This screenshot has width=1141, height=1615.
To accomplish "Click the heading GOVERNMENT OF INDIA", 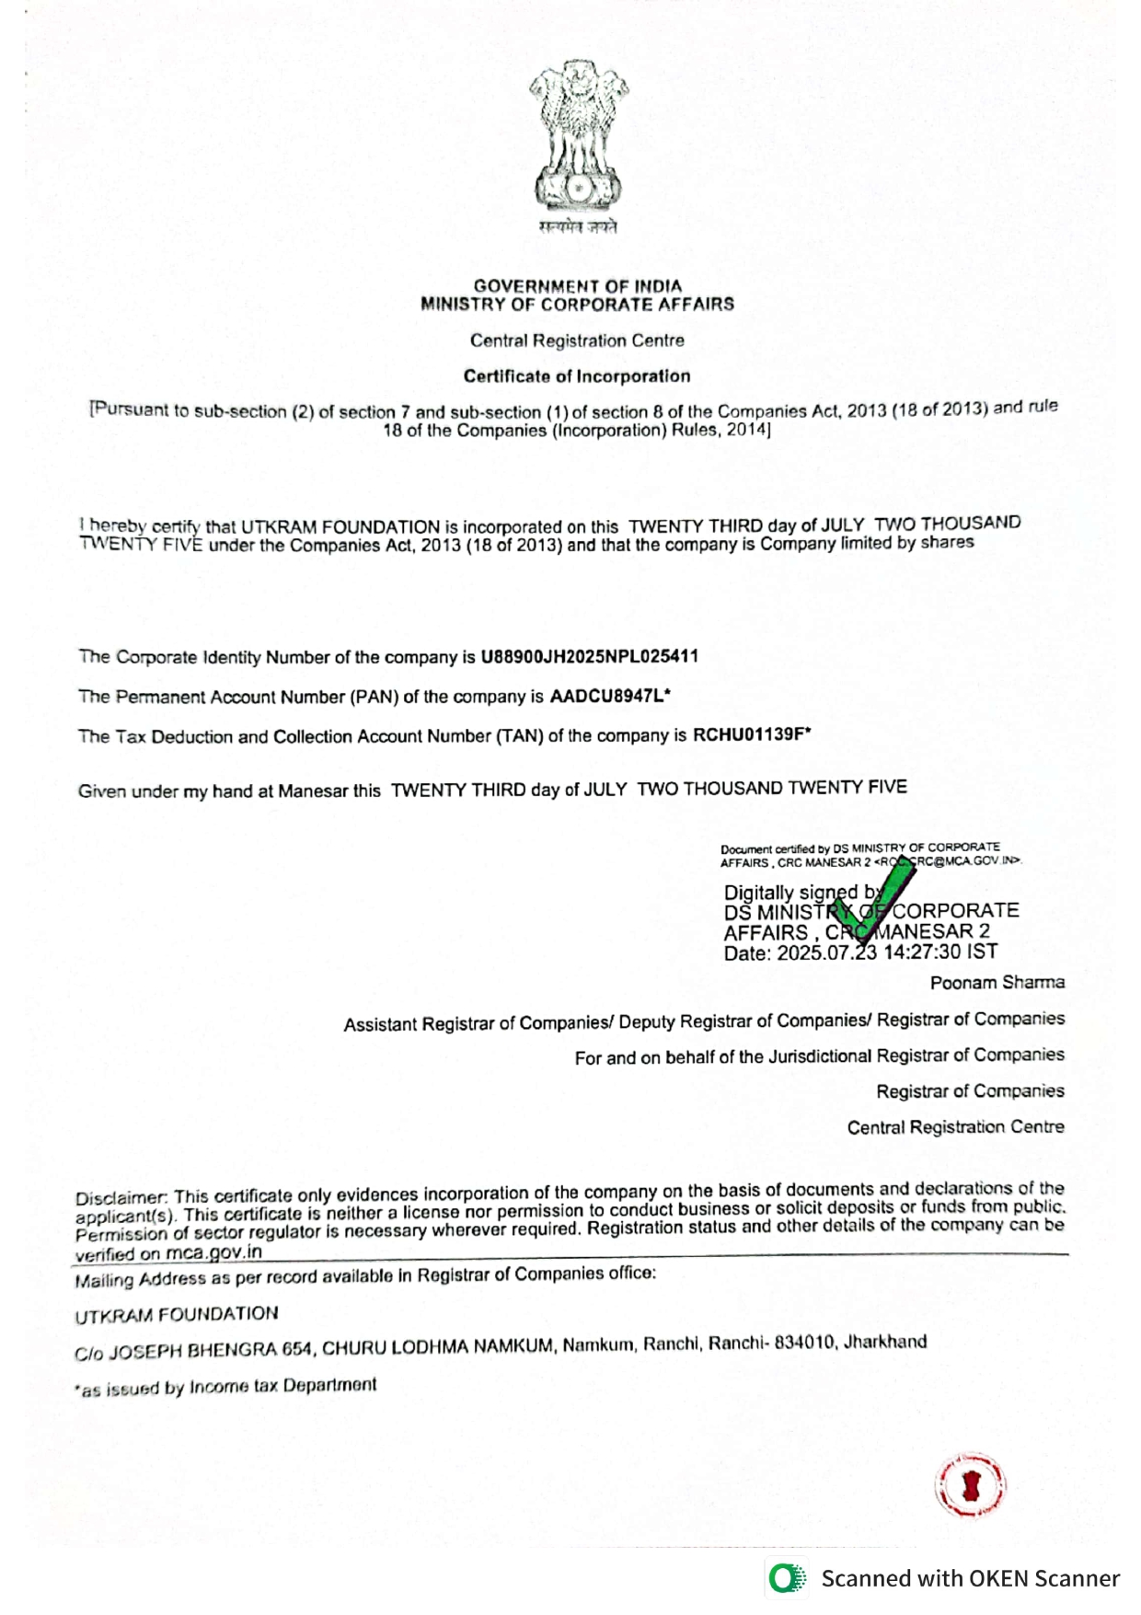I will (x=578, y=286).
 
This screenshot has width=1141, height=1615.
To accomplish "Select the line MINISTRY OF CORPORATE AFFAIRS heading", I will (x=578, y=305).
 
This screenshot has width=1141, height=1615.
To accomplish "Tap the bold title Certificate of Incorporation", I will (x=577, y=376).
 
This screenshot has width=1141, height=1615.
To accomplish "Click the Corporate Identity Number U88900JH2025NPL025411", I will (x=589, y=657).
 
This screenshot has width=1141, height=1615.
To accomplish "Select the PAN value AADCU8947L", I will (x=606, y=696).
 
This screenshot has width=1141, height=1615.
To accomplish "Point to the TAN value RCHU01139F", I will (x=749, y=734).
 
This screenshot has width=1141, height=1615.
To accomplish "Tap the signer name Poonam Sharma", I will (x=997, y=983).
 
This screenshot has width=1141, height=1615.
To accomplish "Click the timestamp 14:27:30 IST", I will (x=939, y=952).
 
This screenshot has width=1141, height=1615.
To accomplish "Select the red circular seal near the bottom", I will (x=970, y=1486).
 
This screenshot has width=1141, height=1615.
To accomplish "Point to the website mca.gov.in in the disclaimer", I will (x=213, y=1253).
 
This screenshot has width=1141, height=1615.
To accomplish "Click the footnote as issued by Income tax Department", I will (x=226, y=1388).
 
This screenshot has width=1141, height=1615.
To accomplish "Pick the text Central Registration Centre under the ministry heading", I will (x=577, y=340).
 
